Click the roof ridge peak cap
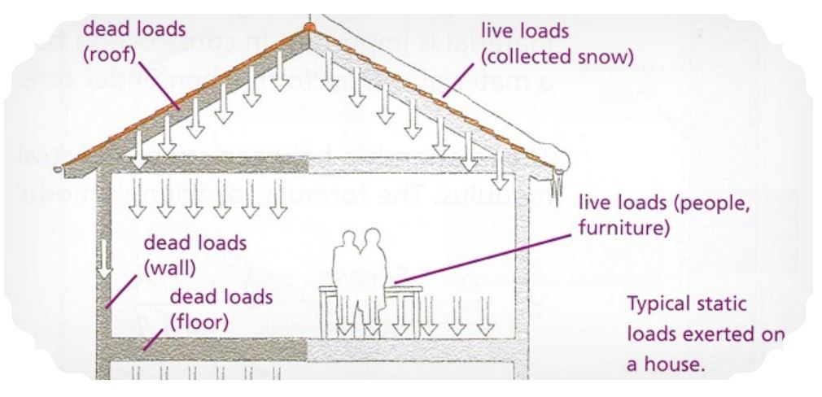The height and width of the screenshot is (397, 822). pyautogui.click(x=308, y=28)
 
